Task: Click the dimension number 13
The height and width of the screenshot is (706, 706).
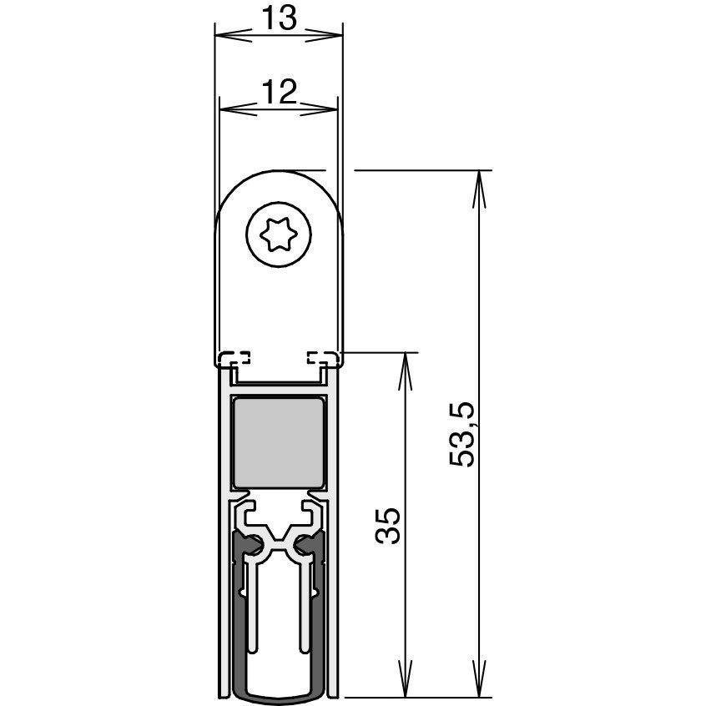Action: [x=280, y=19]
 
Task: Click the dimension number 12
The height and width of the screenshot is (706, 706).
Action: [x=280, y=92]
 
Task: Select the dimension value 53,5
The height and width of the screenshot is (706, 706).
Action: [x=462, y=434]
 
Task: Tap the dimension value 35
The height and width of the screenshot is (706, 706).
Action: [x=388, y=527]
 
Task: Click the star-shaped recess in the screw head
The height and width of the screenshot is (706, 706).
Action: [x=279, y=234]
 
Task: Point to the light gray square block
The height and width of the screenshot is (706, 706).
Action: [x=279, y=442]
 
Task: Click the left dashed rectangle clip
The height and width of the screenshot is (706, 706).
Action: [x=234, y=357]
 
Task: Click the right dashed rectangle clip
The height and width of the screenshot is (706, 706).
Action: [x=322, y=357]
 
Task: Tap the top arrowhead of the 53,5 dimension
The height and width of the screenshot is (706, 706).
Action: [x=479, y=189]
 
